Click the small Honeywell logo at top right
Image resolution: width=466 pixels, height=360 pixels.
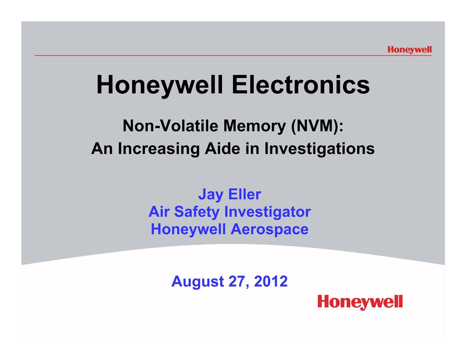coord(410,50)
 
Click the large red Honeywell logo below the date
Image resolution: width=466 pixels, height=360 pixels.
coord(360,302)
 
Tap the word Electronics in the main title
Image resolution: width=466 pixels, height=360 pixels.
coord(301,85)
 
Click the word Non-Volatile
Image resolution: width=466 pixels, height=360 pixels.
coord(171,126)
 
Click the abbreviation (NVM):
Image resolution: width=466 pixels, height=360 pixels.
coord(318,126)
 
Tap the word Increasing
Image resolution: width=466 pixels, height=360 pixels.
coord(159,149)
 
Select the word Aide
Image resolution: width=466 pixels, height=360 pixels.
coord(222,148)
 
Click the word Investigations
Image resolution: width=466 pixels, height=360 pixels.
coord(320,149)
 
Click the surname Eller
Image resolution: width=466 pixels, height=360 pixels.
coord(244,195)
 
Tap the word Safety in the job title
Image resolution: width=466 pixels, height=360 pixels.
coord(197,212)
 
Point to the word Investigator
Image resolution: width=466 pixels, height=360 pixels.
coord(267,212)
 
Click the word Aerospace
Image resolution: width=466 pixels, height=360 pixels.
coord(270,230)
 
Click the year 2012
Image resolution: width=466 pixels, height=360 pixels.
coord(271,281)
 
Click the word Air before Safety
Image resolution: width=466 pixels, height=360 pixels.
coord(159,212)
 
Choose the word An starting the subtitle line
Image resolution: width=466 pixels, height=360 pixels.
coord(102,149)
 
